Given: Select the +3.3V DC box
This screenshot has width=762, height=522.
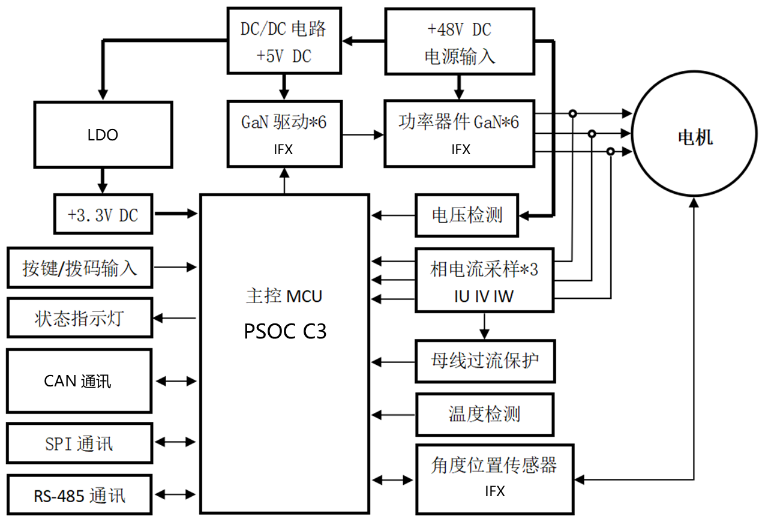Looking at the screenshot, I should pos(103,214).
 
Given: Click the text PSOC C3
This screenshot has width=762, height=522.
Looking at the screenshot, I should pos(285,331).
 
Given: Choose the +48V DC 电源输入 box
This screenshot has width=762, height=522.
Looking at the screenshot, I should pos(459,42).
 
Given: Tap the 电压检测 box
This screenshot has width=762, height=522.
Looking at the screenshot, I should pos(467,215).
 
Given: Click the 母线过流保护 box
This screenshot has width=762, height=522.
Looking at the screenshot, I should pos(485,361).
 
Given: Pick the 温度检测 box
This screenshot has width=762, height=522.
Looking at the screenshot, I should pos(484,414).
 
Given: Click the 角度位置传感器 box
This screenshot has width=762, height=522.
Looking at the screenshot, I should pos(494,478).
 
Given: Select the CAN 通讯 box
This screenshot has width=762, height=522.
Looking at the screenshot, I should pos(79,381).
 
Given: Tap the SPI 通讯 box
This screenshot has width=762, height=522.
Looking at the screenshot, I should pos(79,443).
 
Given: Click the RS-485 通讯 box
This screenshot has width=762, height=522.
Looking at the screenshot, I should pos(79,496).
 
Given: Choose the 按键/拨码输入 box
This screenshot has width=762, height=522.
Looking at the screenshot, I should pos(79,267).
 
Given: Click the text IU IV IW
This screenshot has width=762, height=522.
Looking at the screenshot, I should pos(484,296).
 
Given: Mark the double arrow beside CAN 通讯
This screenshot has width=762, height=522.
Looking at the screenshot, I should pos(176,380).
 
